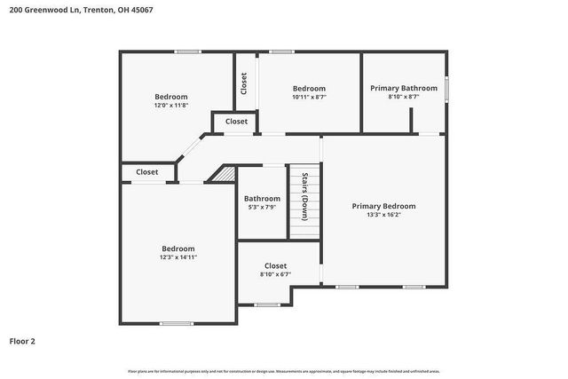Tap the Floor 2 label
click(22, 340)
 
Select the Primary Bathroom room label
click(404, 88)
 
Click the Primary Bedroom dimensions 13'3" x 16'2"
click(383, 215)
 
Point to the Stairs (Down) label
click(304, 196)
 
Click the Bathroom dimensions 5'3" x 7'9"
click(262, 207)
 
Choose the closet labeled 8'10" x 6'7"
click(275, 274)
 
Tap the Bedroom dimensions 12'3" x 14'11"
click(177, 257)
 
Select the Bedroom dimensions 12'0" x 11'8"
click(171, 106)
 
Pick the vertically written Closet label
click(244, 83)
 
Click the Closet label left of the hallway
click(146, 172)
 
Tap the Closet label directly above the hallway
click(236, 122)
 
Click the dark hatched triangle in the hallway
click(225, 174)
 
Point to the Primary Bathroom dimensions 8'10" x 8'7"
click(404, 97)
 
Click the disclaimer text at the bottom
click(283, 371)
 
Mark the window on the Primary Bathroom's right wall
click(446, 89)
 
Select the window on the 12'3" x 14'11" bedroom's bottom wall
click(176, 323)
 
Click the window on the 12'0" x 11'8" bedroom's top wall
click(187, 51)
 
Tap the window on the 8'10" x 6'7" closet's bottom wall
click(268, 304)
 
